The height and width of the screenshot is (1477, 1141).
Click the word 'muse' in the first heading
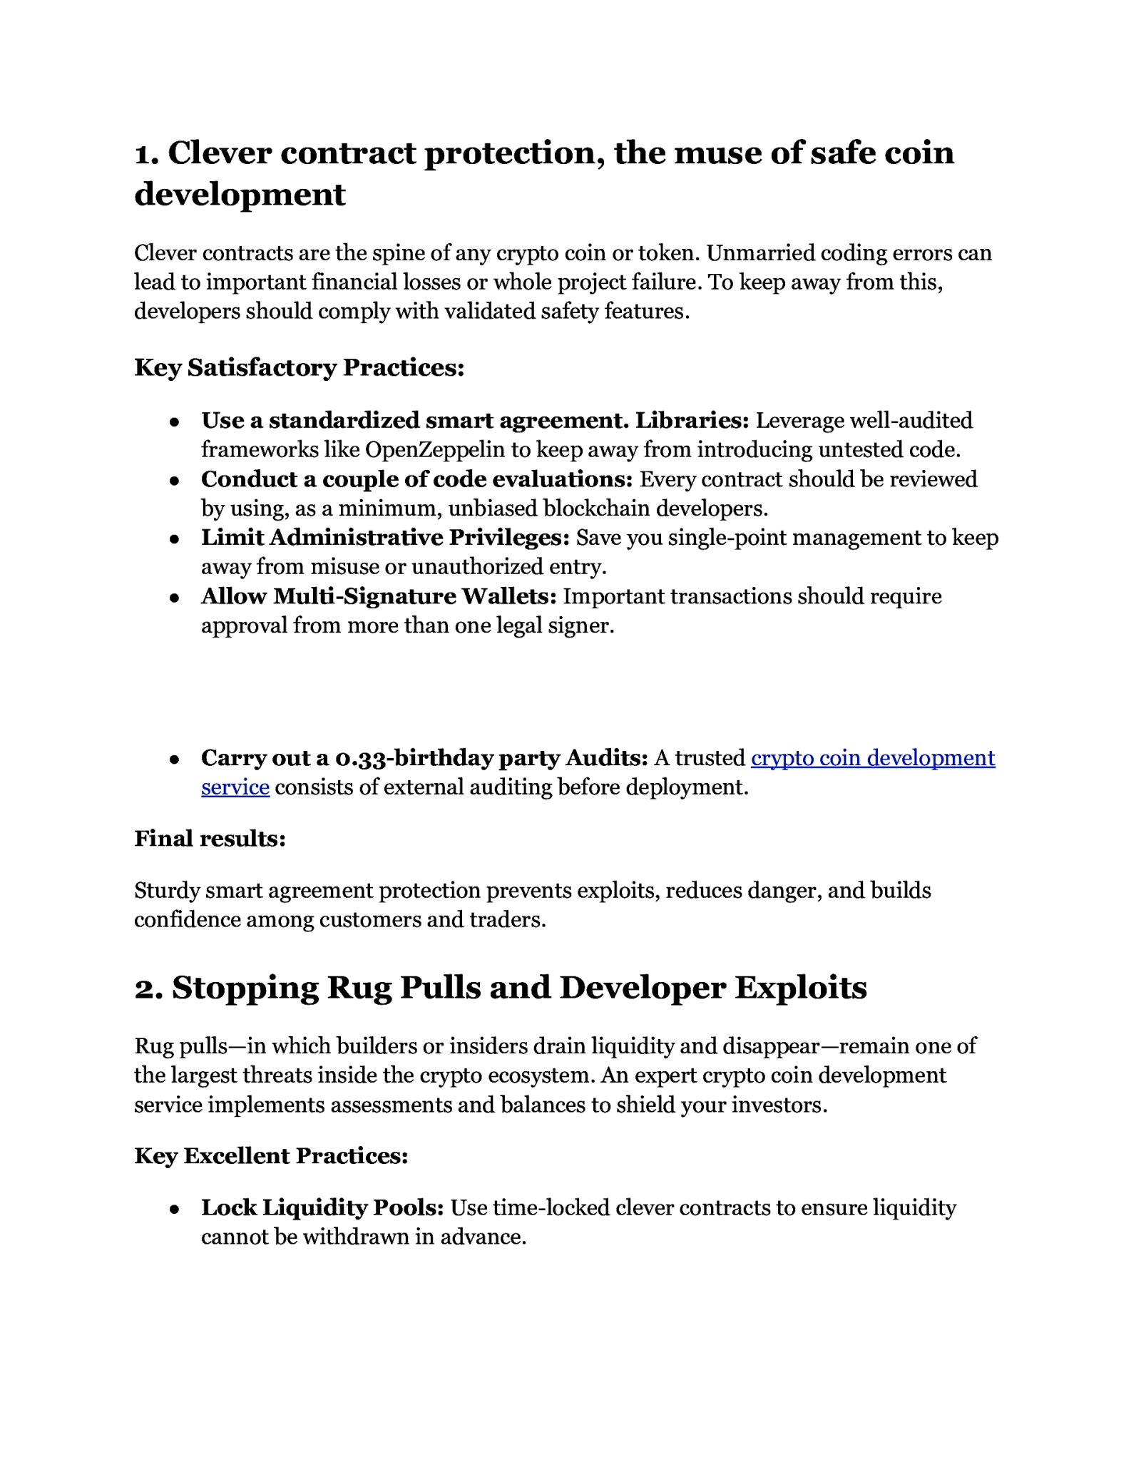pyautogui.click(x=716, y=153)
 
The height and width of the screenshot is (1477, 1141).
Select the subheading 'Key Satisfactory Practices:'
pyautogui.click(x=299, y=367)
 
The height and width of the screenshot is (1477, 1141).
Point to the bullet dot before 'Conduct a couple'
pyautogui.click(x=174, y=481)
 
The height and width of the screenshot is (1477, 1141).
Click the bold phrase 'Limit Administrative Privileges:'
pyautogui.click(x=385, y=538)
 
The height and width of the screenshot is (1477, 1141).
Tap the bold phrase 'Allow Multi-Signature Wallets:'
pyautogui.click(x=379, y=596)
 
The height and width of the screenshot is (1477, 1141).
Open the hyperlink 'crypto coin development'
pyautogui.click(x=872, y=757)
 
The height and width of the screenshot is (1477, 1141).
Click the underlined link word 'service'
pyautogui.click(x=235, y=787)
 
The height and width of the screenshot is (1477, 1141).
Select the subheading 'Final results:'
pyautogui.click(x=210, y=839)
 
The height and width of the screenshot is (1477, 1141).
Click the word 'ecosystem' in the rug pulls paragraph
pyautogui.click(x=539, y=1075)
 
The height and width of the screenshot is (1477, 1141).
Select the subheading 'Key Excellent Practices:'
pyautogui.click(x=271, y=1155)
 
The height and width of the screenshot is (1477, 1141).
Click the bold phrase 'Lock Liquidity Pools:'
pyautogui.click(x=322, y=1207)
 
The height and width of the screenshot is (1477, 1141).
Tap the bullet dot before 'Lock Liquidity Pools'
pyautogui.click(x=174, y=1210)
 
